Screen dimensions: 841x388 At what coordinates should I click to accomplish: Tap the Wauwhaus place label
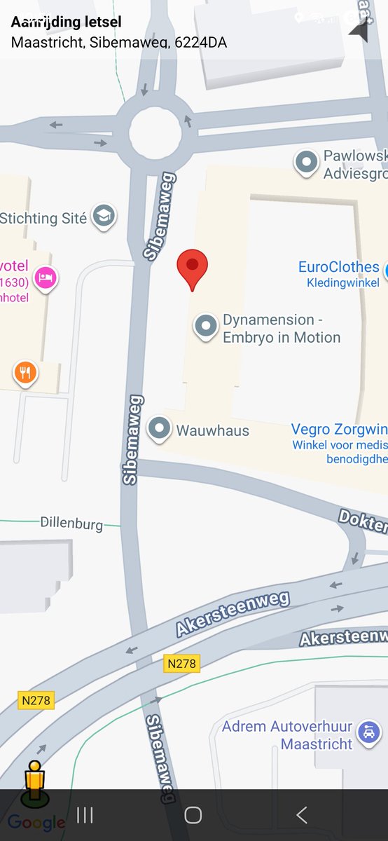pyautogui.click(x=212, y=430)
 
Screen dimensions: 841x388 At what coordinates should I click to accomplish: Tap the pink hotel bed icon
pyautogui.click(x=46, y=277)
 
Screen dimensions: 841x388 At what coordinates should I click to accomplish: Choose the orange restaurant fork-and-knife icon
pyautogui.click(x=26, y=373)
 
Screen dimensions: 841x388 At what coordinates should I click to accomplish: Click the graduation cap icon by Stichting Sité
pyautogui.click(x=104, y=217)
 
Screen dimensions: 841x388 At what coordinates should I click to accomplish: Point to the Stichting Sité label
pyautogui.click(x=43, y=218)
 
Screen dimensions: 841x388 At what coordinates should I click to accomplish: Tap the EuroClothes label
pyautogui.click(x=339, y=267)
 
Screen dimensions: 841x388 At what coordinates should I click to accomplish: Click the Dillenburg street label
pyautogui.click(x=71, y=524)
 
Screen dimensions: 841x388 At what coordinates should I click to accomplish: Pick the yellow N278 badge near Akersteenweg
pyautogui.click(x=182, y=663)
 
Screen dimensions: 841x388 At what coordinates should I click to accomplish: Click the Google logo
pyautogui.click(x=36, y=822)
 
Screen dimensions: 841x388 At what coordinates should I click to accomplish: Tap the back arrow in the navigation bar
pyautogui.click(x=301, y=814)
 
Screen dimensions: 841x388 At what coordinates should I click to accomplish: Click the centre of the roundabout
pyautogui.click(x=155, y=129)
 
